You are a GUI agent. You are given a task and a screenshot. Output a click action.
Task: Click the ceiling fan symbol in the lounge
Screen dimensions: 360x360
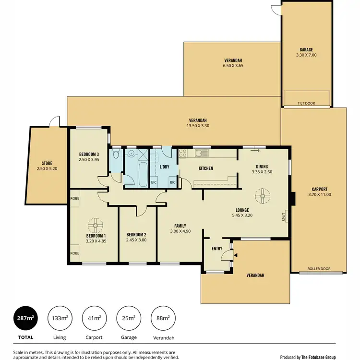pyautogui.click(x=263, y=195)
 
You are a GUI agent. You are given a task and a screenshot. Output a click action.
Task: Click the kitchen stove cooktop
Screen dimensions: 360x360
pyautogui.click(x=183, y=153)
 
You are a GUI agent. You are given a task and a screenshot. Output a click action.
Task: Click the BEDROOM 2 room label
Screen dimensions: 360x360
pyautogui.click(x=136, y=235)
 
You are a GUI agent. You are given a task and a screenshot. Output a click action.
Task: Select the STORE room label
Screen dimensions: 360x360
pyautogui.click(x=47, y=164)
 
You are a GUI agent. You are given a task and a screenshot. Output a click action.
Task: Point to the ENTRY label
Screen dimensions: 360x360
pyautogui.click(x=217, y=248)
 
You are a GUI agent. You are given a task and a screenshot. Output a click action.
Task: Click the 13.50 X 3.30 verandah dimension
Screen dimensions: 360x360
pyautogui.click(x=198, y=126)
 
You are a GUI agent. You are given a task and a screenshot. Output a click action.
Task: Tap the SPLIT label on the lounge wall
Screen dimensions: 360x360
pyautogui.click(x=284, y=216)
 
